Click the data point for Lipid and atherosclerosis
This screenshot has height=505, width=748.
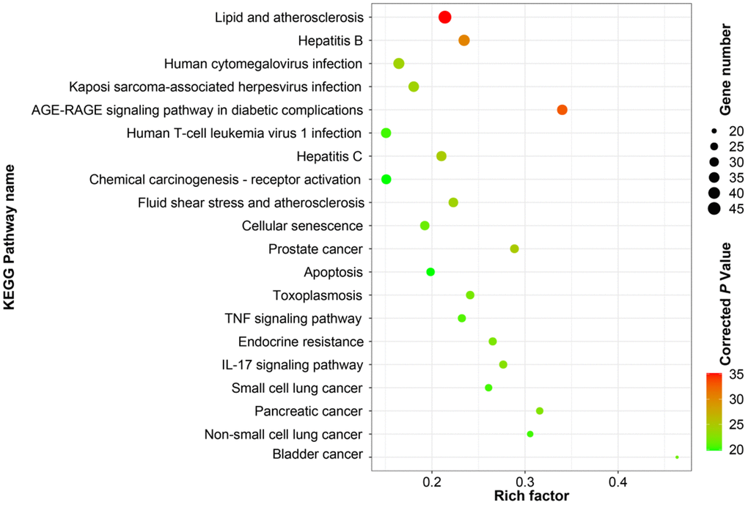click(444, 17)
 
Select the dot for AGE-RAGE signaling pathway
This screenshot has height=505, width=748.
click(562, 110)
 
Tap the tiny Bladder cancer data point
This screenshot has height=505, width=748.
click(677, 457)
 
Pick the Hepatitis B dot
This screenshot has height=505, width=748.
click(463, 40)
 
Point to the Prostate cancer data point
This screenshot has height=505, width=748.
click(514, 249)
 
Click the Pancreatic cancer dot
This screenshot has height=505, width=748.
click(540, 411)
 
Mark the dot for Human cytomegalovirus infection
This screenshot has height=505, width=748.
click(399, 64)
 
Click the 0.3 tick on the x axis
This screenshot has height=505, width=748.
click(525, 481)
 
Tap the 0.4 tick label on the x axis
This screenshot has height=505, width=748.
click(618, 481)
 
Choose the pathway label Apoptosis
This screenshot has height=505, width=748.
click(333, 273)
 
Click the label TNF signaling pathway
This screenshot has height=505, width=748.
click(293, 319)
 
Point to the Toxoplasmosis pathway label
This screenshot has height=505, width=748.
click(318, 295)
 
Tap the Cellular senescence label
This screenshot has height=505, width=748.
click(302, 226)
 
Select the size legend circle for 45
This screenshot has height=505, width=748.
click(714, 209)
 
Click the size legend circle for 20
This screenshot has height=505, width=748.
click(714, 130)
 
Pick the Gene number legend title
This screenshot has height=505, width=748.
click(726, 70)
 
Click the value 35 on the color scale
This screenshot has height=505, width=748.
click(735, 375)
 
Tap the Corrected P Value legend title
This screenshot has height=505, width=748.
click(726, 302)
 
